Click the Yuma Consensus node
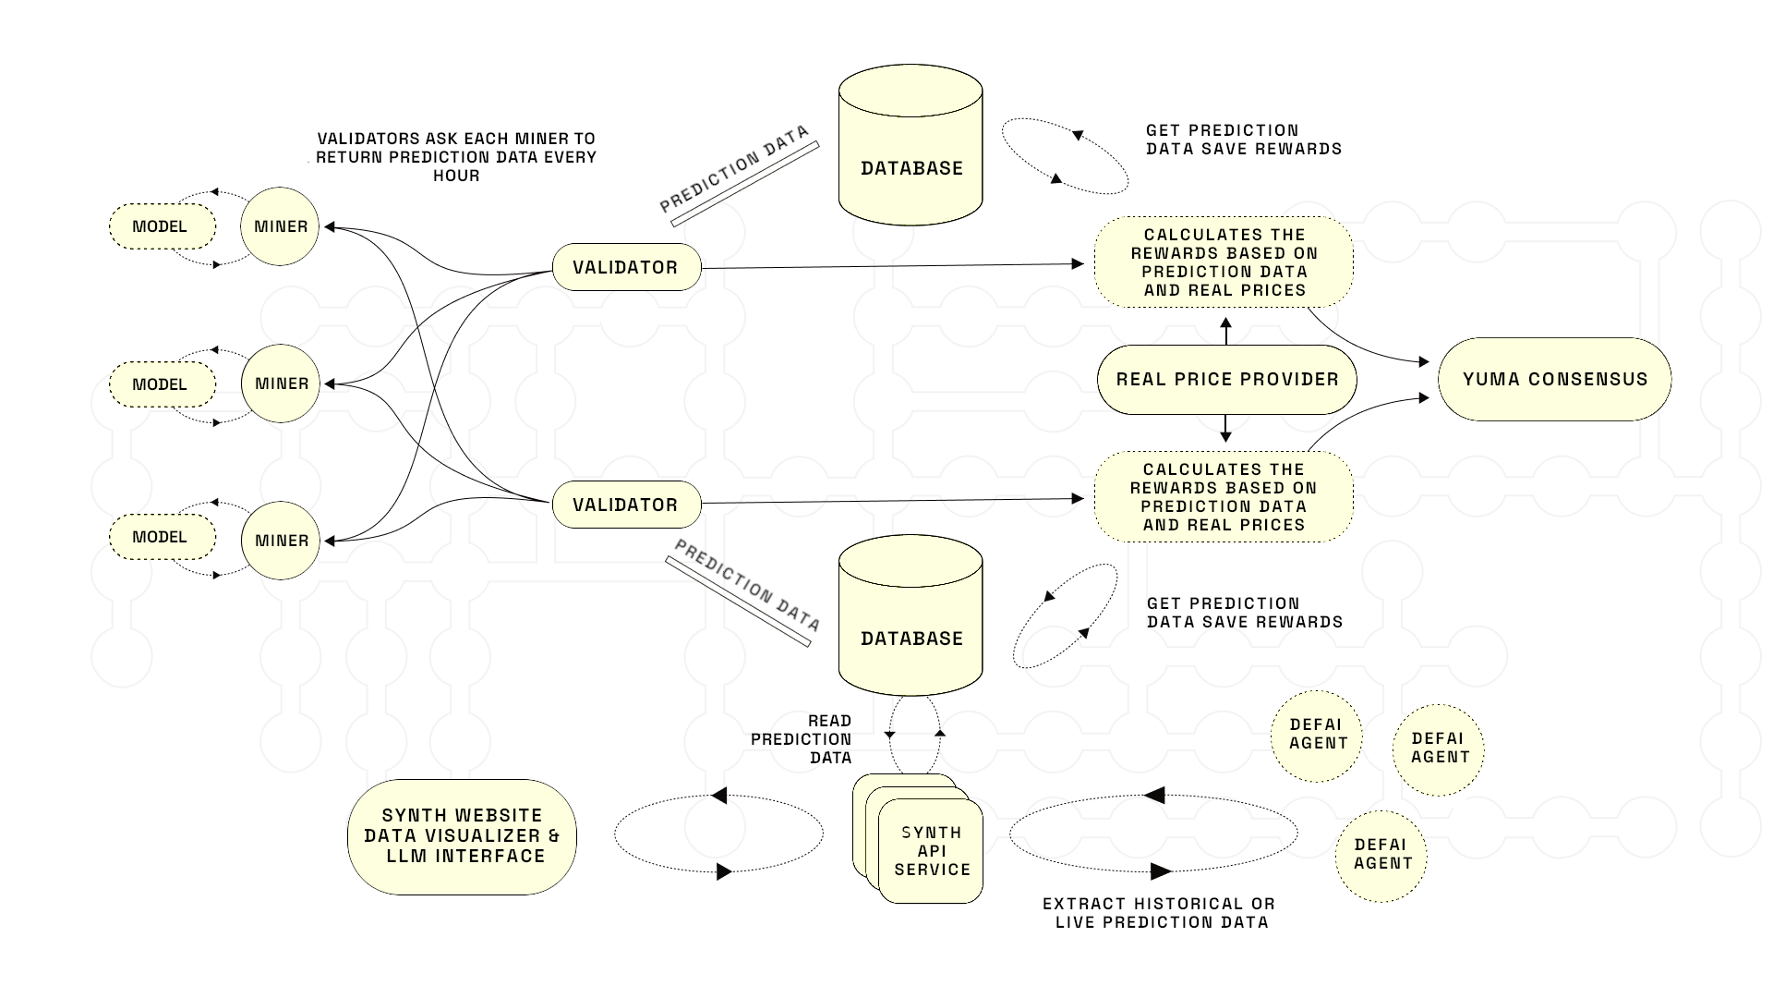point(1555,379)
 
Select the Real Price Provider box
point(1226,379)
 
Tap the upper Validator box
point(627,267)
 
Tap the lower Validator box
point(627,505)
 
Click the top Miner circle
point(280,226)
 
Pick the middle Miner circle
point(281,383)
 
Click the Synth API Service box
point(931,851)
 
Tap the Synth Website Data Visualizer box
point(462,836)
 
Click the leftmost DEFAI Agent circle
point(1317,735)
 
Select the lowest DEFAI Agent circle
point(1381,855)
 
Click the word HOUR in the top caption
point(456,176)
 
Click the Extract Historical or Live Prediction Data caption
point(1160,913)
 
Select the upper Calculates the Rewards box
point(1224,262)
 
